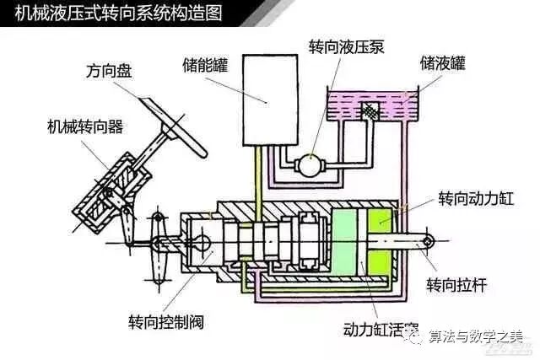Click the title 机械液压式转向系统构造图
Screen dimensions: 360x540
pos(118,13)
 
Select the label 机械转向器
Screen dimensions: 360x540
pos(85,127)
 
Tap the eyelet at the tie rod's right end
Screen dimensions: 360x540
pos(430,242)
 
